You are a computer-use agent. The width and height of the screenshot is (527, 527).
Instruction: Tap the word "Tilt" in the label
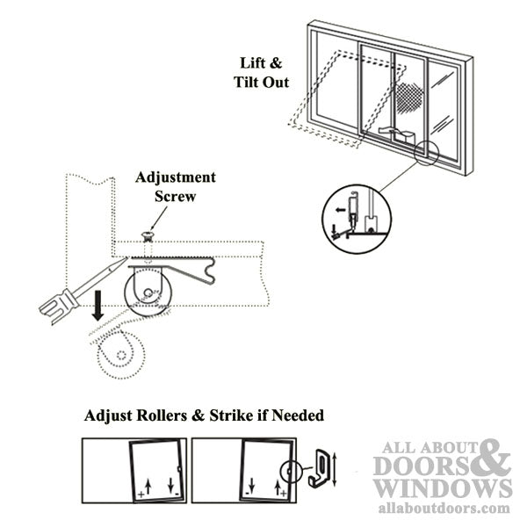point(247,82)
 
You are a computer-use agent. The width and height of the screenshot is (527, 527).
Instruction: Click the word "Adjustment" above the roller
point(176,177)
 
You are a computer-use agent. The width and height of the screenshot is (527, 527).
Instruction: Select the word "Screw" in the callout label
point(175,196)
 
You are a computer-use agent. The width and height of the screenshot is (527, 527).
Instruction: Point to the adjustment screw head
point(148,236)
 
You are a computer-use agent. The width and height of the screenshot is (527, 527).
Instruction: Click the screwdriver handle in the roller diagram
point(59,305)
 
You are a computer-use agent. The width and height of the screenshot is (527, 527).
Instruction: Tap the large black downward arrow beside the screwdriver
point(97,306)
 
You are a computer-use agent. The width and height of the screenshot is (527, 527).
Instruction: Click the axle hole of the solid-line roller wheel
point(148,292)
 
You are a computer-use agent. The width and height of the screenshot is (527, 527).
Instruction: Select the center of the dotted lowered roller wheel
point(121,355)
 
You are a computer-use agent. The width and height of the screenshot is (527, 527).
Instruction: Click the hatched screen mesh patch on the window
point(408,97)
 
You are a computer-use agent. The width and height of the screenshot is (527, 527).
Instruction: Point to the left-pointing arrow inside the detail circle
point(341,210)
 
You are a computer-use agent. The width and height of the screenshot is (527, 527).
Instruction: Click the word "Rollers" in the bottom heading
point(161,415)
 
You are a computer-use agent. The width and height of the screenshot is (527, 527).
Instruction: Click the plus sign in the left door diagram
point(141,494)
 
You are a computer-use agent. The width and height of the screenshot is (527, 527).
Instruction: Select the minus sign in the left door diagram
point(177,494)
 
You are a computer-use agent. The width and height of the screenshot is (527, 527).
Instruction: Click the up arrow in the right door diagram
point(278,487)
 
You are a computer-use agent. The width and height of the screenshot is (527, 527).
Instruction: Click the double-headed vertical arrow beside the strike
point(334,469)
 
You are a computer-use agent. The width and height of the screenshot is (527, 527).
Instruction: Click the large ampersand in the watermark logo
point(491,458)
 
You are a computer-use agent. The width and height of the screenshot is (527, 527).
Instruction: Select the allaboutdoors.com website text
point(444,509)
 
